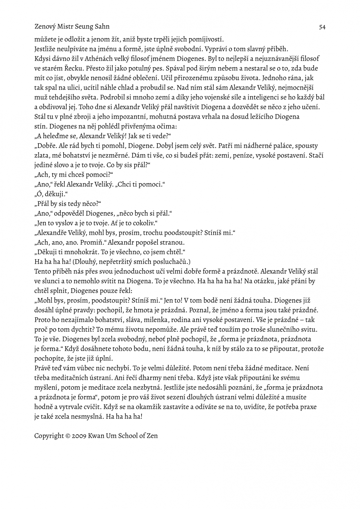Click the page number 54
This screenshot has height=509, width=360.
click(322, 27)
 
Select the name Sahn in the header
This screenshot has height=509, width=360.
click(101, 27)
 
